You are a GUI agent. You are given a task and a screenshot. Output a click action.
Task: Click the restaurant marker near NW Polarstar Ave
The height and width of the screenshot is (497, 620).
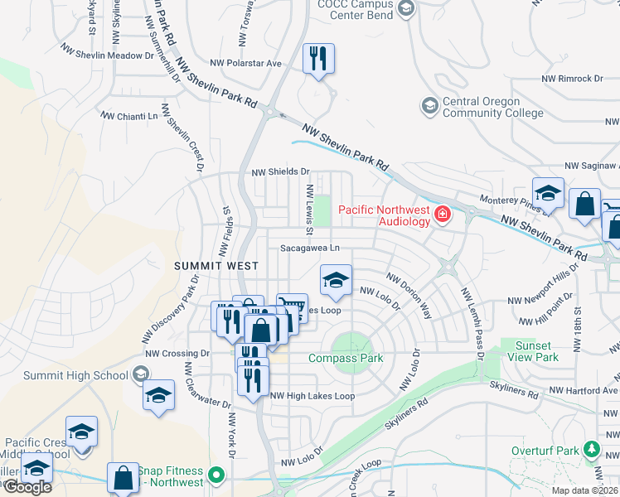318,59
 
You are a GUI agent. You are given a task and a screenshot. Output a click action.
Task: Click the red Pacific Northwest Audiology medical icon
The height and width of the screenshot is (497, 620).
443,215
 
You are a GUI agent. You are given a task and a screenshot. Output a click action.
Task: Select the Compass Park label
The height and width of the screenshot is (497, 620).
346,358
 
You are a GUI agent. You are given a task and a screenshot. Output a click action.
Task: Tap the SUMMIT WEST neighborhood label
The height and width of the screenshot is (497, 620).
216,265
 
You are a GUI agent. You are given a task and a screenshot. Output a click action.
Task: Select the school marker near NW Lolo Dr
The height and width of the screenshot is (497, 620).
336,281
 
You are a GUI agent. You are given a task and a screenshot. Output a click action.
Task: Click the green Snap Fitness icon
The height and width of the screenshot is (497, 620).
216,475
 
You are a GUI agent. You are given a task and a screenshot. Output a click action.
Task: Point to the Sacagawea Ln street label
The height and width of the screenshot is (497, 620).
310,248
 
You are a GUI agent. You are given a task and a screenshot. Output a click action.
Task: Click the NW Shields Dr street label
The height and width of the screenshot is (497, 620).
280,172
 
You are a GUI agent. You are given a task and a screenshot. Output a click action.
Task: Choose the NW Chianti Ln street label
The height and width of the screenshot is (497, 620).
128,116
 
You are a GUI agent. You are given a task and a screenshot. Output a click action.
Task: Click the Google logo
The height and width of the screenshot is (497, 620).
27,487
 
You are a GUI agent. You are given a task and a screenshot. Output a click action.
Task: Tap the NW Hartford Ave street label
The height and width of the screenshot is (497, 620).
588,390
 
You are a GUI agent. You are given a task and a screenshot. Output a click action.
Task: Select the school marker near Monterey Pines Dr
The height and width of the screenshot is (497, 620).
548,194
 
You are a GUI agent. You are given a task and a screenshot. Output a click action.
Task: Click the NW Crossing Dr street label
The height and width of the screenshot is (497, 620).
174,354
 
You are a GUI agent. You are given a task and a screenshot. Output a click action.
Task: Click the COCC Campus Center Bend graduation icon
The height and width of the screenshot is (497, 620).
406,9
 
